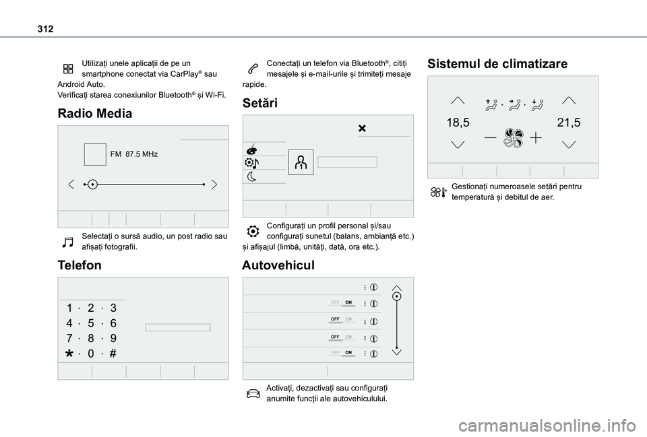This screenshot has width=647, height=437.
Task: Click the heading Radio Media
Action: click(95, 113)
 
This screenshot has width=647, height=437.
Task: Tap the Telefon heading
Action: click(80, 265)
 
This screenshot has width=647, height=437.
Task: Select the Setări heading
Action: click(259, 103)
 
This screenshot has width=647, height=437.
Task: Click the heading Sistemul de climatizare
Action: click(497, 64)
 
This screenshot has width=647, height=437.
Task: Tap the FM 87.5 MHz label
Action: click(133, 154)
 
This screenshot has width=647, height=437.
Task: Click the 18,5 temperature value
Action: click(458, 122)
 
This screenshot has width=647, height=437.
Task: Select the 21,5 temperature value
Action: click(569, 122)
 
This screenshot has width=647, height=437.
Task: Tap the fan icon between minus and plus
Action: click(512, 137)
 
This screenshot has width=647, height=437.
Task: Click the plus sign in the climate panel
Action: click(536, 137)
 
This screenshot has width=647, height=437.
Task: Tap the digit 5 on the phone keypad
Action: click(91, 323)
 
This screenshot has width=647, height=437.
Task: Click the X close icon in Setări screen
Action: click(362, 128)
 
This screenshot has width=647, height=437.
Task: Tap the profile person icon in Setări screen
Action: click(301, 162)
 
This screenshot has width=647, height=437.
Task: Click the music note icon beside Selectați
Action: click(69, 241)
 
